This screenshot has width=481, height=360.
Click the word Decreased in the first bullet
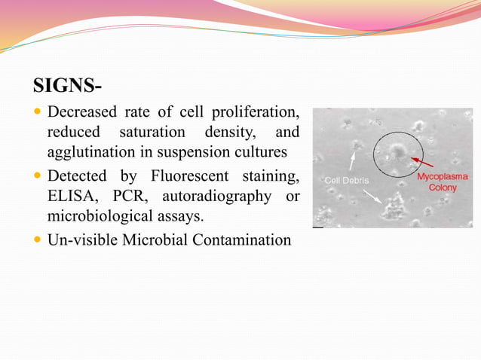click(x=81, y=113)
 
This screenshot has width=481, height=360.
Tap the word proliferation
click(x=250, y=113)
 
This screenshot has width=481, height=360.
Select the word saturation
click(x=153, y=133)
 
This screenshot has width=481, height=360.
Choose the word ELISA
click(x=72, y=197)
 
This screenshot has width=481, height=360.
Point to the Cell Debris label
click(x=346, y=181)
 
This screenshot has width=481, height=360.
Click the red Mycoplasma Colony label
click(x=443, y=182)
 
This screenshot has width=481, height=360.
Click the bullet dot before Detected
click(x=38, y=177)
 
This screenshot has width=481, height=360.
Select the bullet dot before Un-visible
click(x=38, y=241)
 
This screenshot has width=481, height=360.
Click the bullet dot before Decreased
click(x=38, y=113)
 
